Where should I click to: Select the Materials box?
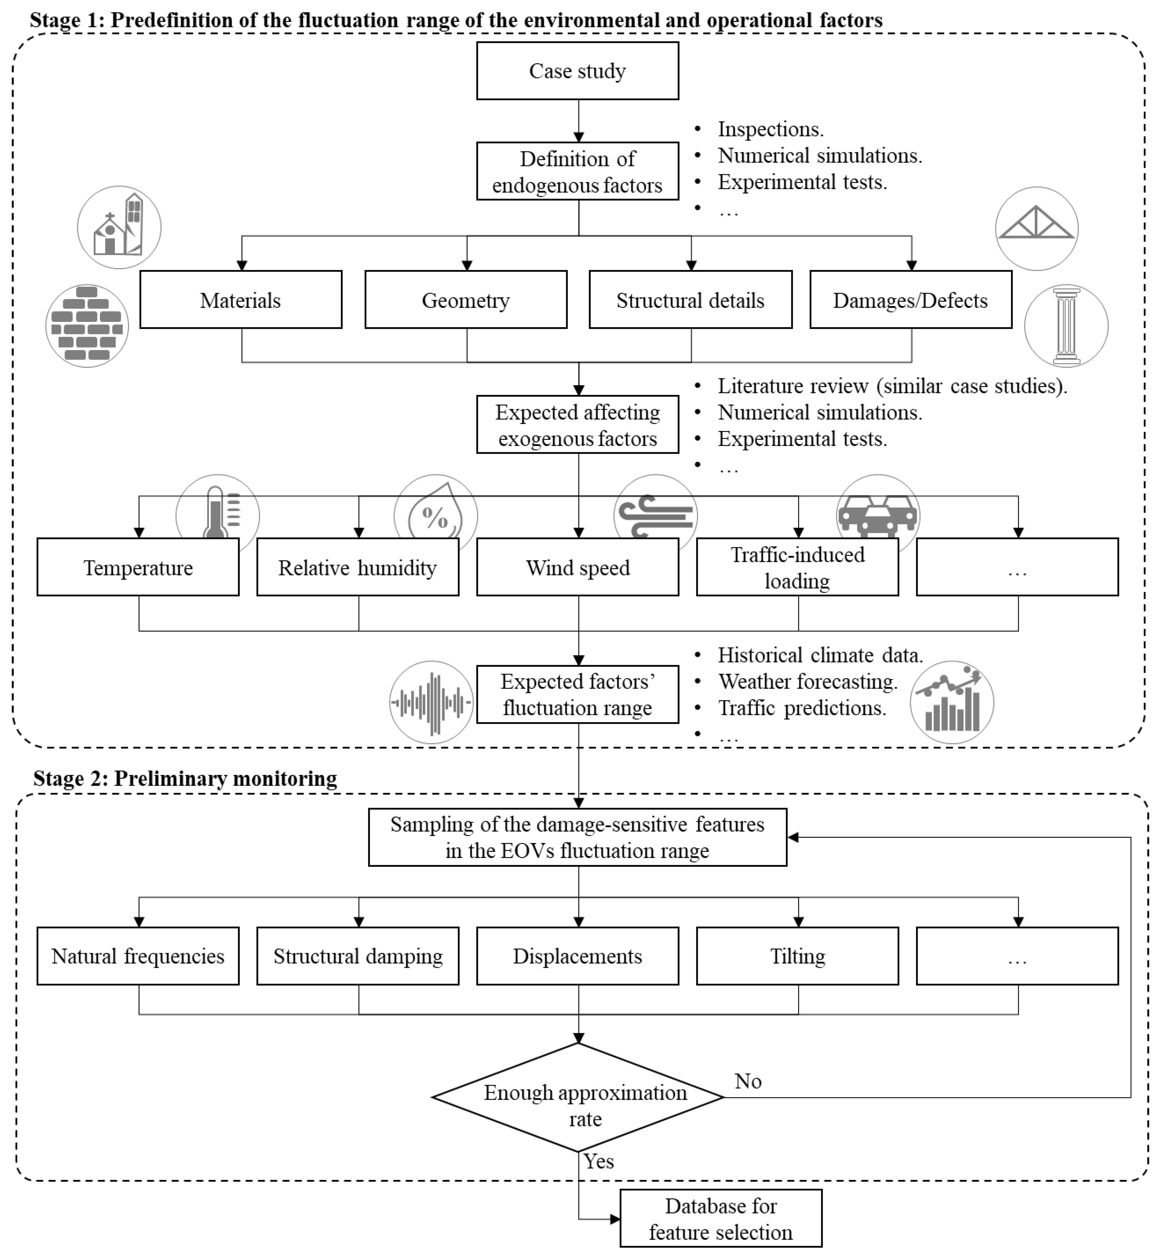tap(241, 300)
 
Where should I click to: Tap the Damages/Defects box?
tap(911, 300)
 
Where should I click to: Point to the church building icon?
tap(119, 227)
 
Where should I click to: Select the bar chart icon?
tap(952, 702)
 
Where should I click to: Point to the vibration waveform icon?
tap(432, 702)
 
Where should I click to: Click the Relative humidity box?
tap(358, 567)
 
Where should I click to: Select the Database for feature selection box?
tap(720, 1219)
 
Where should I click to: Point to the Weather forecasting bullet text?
tap(808, 681)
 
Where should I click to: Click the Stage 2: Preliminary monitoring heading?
tap(185, 778)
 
